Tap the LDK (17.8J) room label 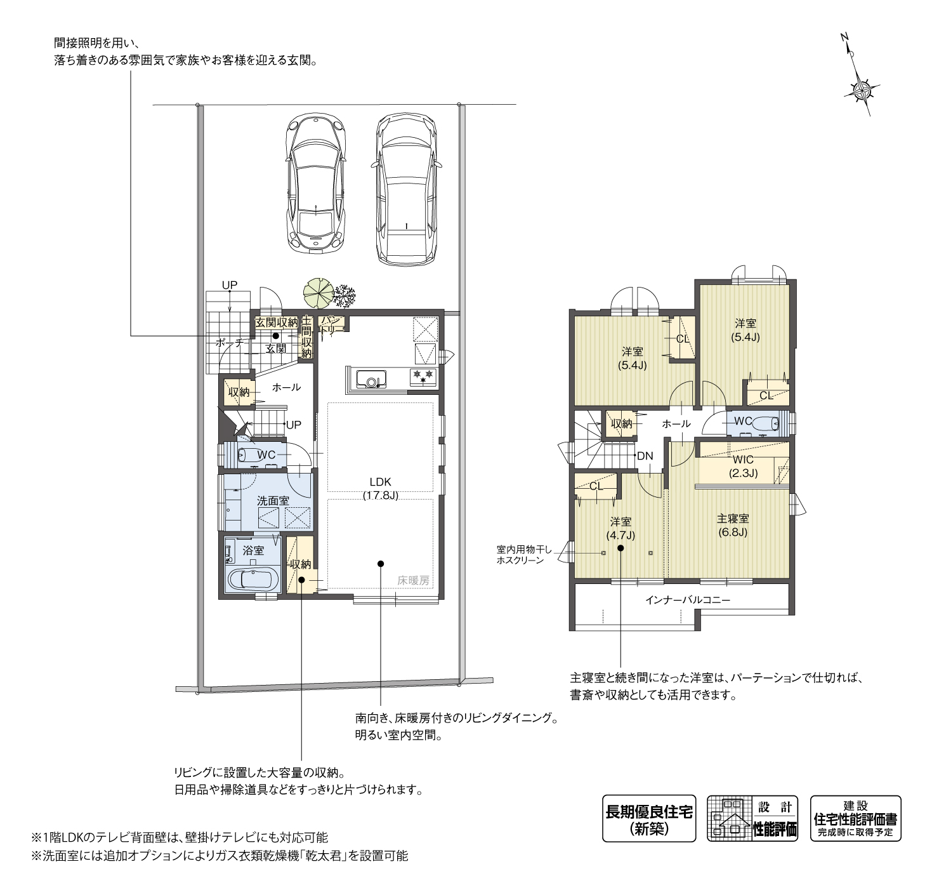tap(380, 488)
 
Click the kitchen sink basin tap(371, 378)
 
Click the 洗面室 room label tap(273, 501)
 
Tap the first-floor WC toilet tap(247, 455)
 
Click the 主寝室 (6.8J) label tap(733, 526)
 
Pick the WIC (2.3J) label tap(743, 466)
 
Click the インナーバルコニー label tap(688, 600)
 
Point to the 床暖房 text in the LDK tap(413, 581)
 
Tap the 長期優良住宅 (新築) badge tap(648, 818)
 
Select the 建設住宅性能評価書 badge tap(855, 818)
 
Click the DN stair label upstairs tap(645, 456)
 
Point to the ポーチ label tap(229, 342)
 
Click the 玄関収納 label tap(277, 322)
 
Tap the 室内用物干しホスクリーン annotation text tap(524, 555)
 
